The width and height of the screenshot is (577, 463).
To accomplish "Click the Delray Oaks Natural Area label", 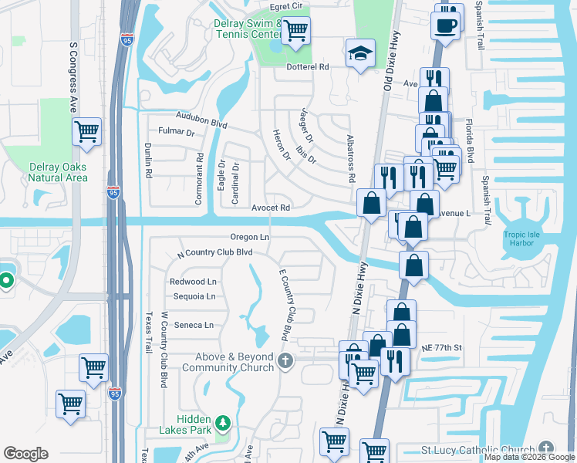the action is point(58,172).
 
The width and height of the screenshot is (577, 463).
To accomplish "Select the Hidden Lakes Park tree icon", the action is point(224,423).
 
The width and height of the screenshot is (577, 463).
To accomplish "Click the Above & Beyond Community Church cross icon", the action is point(286,360).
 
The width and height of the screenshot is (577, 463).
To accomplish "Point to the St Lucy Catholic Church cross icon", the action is point(546,448).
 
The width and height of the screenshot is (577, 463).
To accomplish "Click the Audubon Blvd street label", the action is point(201,122).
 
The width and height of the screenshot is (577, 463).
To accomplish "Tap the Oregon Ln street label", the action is point(249,237).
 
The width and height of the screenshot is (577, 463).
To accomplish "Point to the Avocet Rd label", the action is point(271,208).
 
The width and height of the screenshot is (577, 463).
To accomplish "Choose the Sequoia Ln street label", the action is point(194,296).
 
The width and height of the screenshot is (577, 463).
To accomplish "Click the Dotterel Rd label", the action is point(308,67).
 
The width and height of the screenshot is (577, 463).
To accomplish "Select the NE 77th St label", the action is point(440,347).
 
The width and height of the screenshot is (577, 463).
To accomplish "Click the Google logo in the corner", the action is point(25,454).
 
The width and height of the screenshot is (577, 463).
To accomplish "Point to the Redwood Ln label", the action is point(194,282).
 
